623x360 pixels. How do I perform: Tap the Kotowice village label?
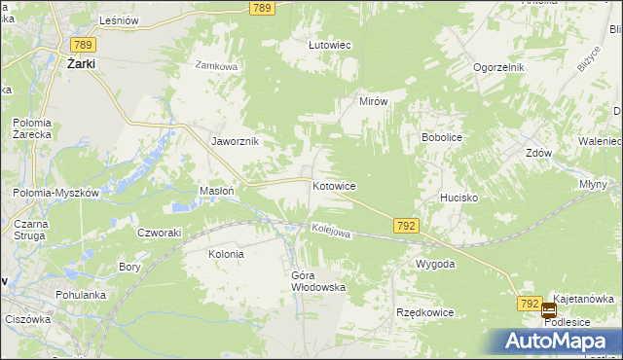point(333,186)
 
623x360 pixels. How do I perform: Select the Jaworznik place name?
point(236,141)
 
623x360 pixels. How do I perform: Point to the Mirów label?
point(374,101)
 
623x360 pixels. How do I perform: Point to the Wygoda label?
point(435,265)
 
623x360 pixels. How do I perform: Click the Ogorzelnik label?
point(499,67)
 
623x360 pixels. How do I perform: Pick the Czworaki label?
point(160,233)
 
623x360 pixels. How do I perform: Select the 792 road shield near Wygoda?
point(407,226)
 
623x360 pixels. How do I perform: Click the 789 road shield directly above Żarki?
point(82,44)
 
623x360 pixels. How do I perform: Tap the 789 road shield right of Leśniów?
point(260,8)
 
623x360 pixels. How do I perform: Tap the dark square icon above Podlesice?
point(549,311)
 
